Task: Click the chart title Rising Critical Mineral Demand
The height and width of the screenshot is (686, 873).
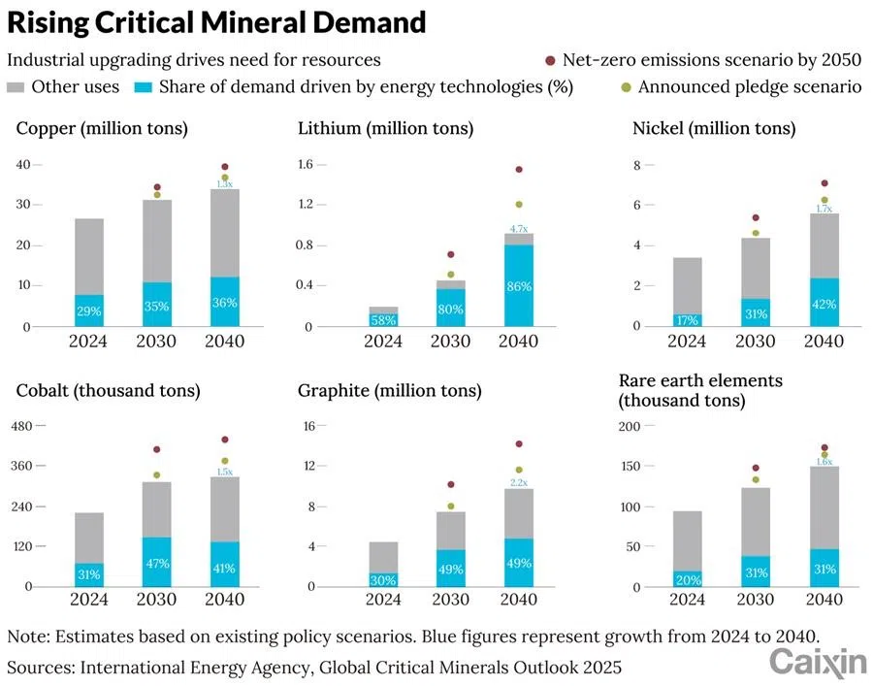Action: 216,22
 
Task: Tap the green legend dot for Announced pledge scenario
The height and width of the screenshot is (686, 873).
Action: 627,87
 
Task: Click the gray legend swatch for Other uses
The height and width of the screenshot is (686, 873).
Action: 16,87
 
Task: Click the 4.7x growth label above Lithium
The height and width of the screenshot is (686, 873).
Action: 519,228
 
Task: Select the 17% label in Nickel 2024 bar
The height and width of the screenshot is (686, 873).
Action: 687,319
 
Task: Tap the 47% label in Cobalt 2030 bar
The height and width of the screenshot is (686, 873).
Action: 157,564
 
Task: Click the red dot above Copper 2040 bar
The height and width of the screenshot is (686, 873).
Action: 225,167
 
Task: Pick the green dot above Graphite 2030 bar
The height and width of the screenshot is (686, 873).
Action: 450,506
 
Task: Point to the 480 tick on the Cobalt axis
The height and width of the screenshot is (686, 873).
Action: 21,426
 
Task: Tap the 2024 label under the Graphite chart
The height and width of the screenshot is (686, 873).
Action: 383,600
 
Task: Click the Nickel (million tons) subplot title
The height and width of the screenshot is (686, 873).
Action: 713,128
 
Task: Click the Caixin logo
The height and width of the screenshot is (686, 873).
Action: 818,662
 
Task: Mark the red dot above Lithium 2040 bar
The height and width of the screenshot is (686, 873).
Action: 519,169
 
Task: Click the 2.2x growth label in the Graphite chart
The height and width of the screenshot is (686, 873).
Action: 519,482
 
